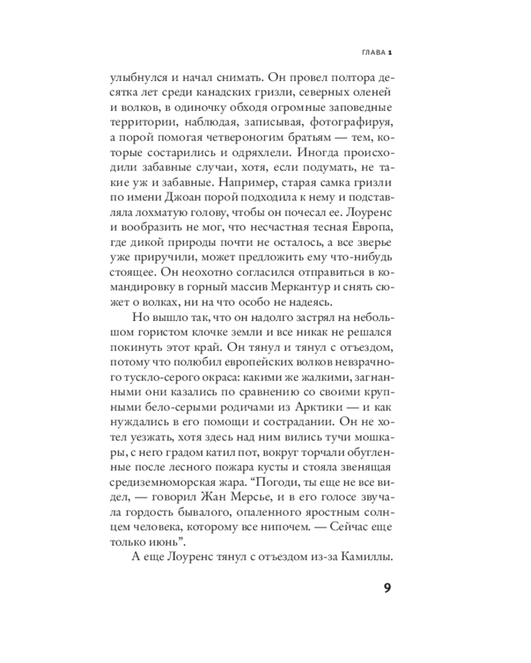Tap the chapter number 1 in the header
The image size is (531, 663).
click(392, 53)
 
